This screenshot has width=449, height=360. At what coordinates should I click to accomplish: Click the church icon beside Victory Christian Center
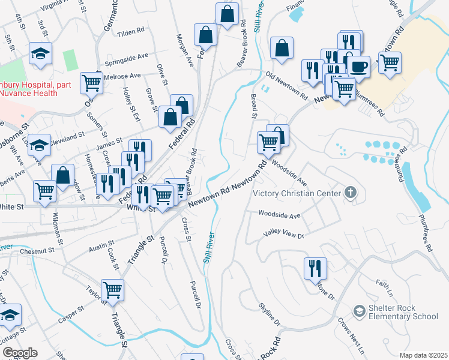point(351,193)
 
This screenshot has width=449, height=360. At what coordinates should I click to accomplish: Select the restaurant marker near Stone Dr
point(315,270)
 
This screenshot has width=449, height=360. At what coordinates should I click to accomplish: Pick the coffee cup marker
point(360,66)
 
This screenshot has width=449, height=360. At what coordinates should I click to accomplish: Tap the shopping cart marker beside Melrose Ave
point(91,83)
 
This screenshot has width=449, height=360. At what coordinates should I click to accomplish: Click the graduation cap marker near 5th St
point(40,53)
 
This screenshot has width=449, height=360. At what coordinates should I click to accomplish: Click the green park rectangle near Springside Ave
point(70,60)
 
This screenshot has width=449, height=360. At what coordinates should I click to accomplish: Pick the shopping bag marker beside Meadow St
point(63,175)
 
